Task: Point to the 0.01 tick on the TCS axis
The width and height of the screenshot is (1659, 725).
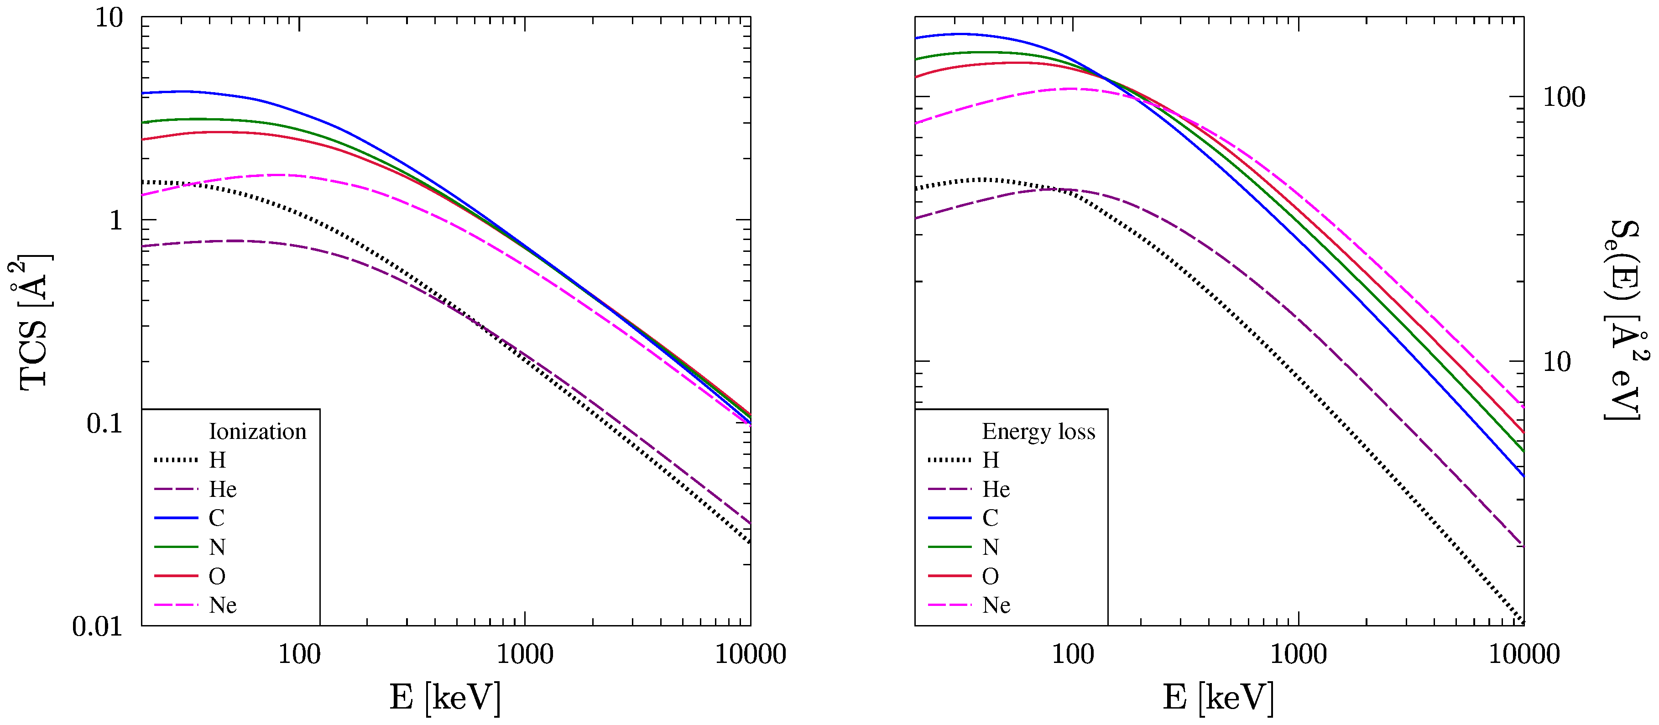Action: click(97, 626)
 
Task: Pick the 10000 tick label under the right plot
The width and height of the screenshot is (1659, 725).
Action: click(1524, 655)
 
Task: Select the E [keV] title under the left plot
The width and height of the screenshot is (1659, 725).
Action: click(445, 697)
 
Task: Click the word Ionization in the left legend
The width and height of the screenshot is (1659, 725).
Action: click(258, 431)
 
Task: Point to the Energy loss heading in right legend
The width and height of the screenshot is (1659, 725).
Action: click(1038, 431)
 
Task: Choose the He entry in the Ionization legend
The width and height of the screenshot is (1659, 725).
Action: click(223, 490)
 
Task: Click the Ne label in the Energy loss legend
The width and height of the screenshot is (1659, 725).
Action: click(996, 605)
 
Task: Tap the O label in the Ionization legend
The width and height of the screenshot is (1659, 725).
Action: click(217, 576)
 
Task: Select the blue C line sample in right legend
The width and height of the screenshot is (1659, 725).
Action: click(949, 518)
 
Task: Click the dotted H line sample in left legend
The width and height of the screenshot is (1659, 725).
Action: click(176, 460)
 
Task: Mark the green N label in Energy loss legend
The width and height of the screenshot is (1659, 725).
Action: click(991, 548)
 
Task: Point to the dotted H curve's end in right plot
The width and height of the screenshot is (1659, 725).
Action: click(1523, 621)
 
